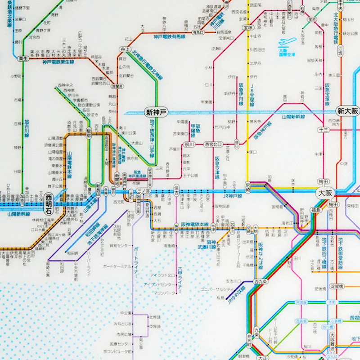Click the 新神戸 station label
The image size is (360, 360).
click(155, 112)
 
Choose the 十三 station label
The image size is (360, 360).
click(323, 130)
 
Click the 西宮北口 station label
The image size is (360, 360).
click(213, 144)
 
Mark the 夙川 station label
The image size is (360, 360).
click(189, 144)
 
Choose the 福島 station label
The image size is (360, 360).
click(315, 210)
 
